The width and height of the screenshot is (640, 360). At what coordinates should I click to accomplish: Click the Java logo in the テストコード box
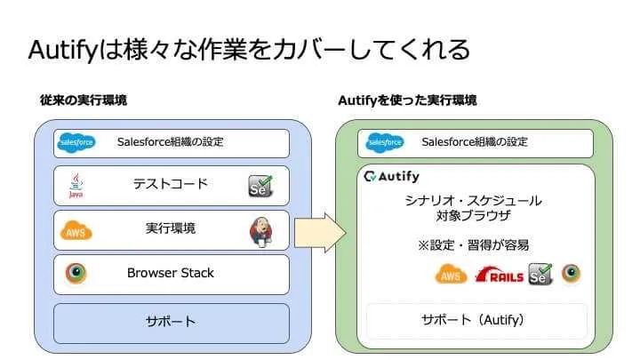[76, 185]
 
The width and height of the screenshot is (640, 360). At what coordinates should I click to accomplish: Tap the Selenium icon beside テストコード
[260, 186]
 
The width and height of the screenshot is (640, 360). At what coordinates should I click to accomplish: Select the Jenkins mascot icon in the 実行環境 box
[261, 232]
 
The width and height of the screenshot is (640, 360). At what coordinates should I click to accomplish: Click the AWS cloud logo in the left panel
[76, 230]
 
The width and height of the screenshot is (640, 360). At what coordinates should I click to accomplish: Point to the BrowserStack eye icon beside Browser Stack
[76, 273]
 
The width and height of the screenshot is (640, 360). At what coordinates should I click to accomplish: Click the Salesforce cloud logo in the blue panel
[76, 143]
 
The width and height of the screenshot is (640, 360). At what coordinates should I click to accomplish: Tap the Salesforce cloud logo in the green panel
[385, 143]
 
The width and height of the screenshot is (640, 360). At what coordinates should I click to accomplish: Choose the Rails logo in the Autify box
[500, 275]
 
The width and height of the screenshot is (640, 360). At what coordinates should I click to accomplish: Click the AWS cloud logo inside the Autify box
[451, 275]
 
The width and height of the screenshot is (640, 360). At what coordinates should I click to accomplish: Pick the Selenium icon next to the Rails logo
[540, 274]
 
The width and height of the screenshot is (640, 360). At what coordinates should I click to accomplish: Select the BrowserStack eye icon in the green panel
[571, 273]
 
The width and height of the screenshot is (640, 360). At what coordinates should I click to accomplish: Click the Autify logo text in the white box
[392, 176]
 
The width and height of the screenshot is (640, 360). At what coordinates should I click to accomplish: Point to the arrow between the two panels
[320, 233]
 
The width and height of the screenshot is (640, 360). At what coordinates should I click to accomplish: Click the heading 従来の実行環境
[84, 100]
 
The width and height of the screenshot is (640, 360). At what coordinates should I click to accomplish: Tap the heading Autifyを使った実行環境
[407, 100]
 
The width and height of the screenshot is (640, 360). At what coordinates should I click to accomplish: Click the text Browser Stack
[170, 273]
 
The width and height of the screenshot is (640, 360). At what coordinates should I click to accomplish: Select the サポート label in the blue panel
[171, 322]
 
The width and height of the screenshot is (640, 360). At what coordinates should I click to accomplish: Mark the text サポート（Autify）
[473, 320]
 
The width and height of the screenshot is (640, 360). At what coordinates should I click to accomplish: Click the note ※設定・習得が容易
[473, 245]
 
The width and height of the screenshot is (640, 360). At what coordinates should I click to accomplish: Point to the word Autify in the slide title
[64, 50]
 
